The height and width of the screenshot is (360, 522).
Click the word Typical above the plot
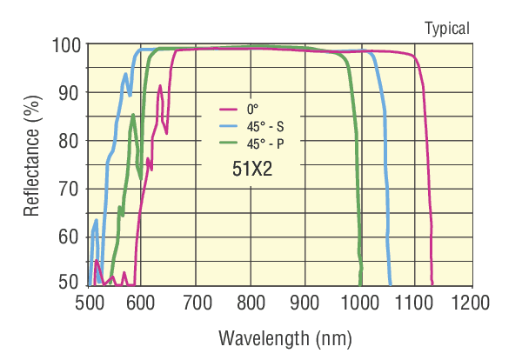click(x=446, y=29)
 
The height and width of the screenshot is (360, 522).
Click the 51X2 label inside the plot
click(x=252, y=170)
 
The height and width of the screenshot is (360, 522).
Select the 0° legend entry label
click(x=251, y=110)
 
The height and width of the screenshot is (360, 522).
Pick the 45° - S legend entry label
click(x=264, y=125)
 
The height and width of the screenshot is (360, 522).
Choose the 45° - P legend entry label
click(x=264, y=141)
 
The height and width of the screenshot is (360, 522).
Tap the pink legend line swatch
click(x=228, y=110)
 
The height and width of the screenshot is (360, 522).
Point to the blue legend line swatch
click(x=228, y=125)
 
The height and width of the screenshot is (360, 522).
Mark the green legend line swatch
click(x=228, y=141)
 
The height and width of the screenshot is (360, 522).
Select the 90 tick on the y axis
click(x=70, y=92)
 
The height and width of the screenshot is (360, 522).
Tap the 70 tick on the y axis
click(x=70, y=188)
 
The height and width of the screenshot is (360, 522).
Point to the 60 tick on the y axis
click(x=70, y=236)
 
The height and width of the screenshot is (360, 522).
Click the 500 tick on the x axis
click(x=90, y=303)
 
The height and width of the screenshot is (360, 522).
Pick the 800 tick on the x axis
click(x=251, y=303)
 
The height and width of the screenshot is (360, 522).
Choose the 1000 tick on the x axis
click(x=359, y=303)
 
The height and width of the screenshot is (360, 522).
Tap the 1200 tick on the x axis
click(x=467, y=303)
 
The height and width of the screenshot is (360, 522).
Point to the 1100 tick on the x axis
click(x=413, y=303)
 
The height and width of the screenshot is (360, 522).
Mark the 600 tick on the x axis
click(x=144, y=303)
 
